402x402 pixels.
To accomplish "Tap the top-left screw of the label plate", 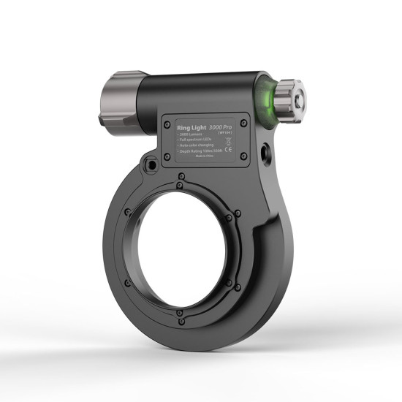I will tap(167, 118).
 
